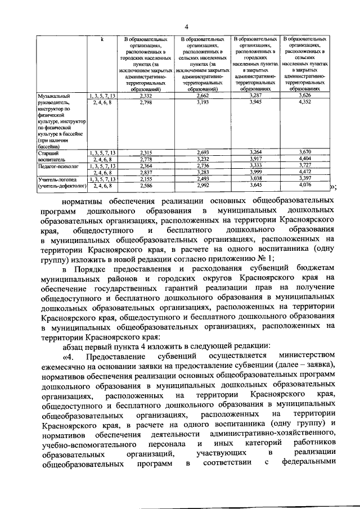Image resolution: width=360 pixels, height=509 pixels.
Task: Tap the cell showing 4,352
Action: pos(305,102)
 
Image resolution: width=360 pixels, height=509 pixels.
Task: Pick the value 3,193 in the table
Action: pos(202,102)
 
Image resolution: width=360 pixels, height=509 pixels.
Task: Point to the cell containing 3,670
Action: pos(305,152)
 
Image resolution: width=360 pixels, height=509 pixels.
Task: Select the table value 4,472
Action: pos(305,173)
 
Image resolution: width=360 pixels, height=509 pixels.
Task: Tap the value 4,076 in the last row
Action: pos(305,185)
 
